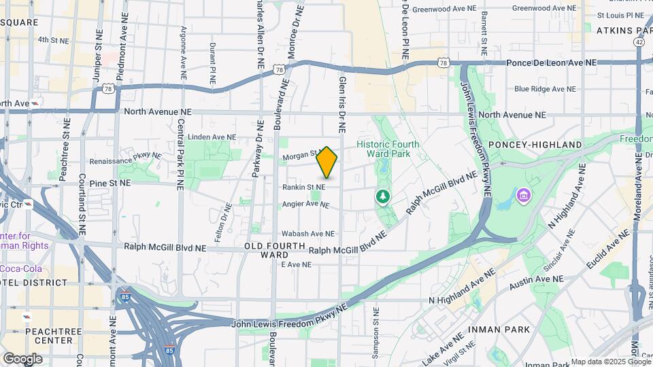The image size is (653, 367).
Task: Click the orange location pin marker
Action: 327,162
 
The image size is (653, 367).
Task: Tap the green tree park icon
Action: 383,196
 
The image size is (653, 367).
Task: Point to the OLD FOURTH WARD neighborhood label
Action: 271,249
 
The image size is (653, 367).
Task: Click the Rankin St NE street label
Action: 304,187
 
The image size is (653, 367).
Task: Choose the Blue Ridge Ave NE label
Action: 545,89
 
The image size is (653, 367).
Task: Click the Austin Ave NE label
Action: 538,279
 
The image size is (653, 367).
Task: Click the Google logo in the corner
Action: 22,359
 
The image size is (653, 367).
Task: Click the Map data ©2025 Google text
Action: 611,362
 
